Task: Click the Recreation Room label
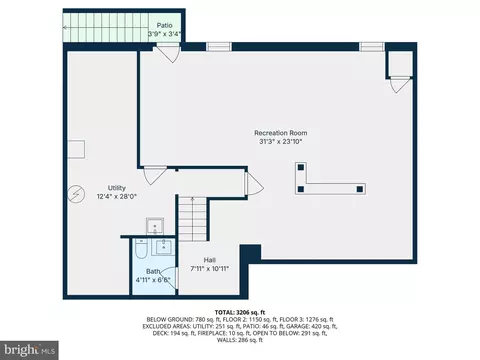click(x=281, y=133)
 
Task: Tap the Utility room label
click(x=117, y=188)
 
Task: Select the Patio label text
click(x=164, y=25)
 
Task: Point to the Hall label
click(x=210, y=260)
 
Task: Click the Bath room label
click(x=153, y=271)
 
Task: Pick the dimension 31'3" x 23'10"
click(x=281, y=141)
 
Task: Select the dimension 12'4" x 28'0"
click(x=117, y=196)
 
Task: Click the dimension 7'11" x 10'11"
click(x=210, y=268)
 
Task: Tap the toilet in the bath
click(x=140, y=249)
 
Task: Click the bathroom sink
click(x=163, y=247)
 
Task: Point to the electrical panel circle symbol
click(x=76, y=194)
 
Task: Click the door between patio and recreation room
click(x=169, y=53)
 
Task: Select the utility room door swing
click(x=154, y=175)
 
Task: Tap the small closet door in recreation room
click(x=400, y=84)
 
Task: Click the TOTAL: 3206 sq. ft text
click(x=240, y=313)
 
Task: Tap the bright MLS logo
click(x=29, y=350)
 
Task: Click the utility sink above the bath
click(x=155, y=227)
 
